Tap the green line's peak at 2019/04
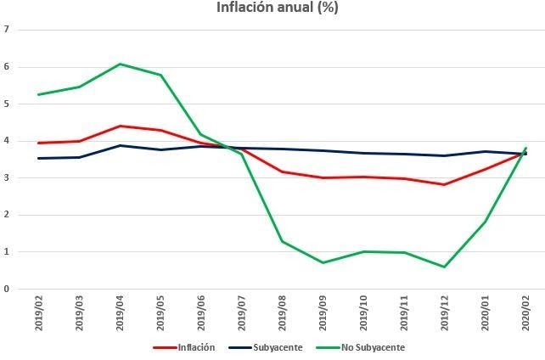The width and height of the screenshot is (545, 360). click(x=120, y=64)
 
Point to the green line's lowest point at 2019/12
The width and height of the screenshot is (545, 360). click(x=444, y=267)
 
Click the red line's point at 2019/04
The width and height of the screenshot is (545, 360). click(x=120, y=126)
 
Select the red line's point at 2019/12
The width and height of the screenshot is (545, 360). click(x=444, y=184)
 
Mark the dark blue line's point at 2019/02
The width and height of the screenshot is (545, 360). click(x=39, y=158)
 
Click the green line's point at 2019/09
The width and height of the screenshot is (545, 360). click(x=323, y=262)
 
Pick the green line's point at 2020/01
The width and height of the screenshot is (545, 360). click(x=485, y=222)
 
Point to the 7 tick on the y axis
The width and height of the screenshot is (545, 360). click(x=7, y=30)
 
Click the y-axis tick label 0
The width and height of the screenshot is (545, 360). click(x=7, y=289)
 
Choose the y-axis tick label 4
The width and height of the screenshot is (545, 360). click(x=7, y=141)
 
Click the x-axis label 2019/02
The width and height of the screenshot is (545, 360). click(x=39, y=312)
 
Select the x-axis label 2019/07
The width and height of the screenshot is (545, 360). click(x=242, y=312)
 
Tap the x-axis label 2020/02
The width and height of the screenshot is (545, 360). click(x=525, y=312)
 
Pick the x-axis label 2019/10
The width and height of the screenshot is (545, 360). click(x=363, y=312)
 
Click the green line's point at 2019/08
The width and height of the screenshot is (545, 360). click(x=282, y=241)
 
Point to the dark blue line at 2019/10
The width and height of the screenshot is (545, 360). click(x=363, y=153)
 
